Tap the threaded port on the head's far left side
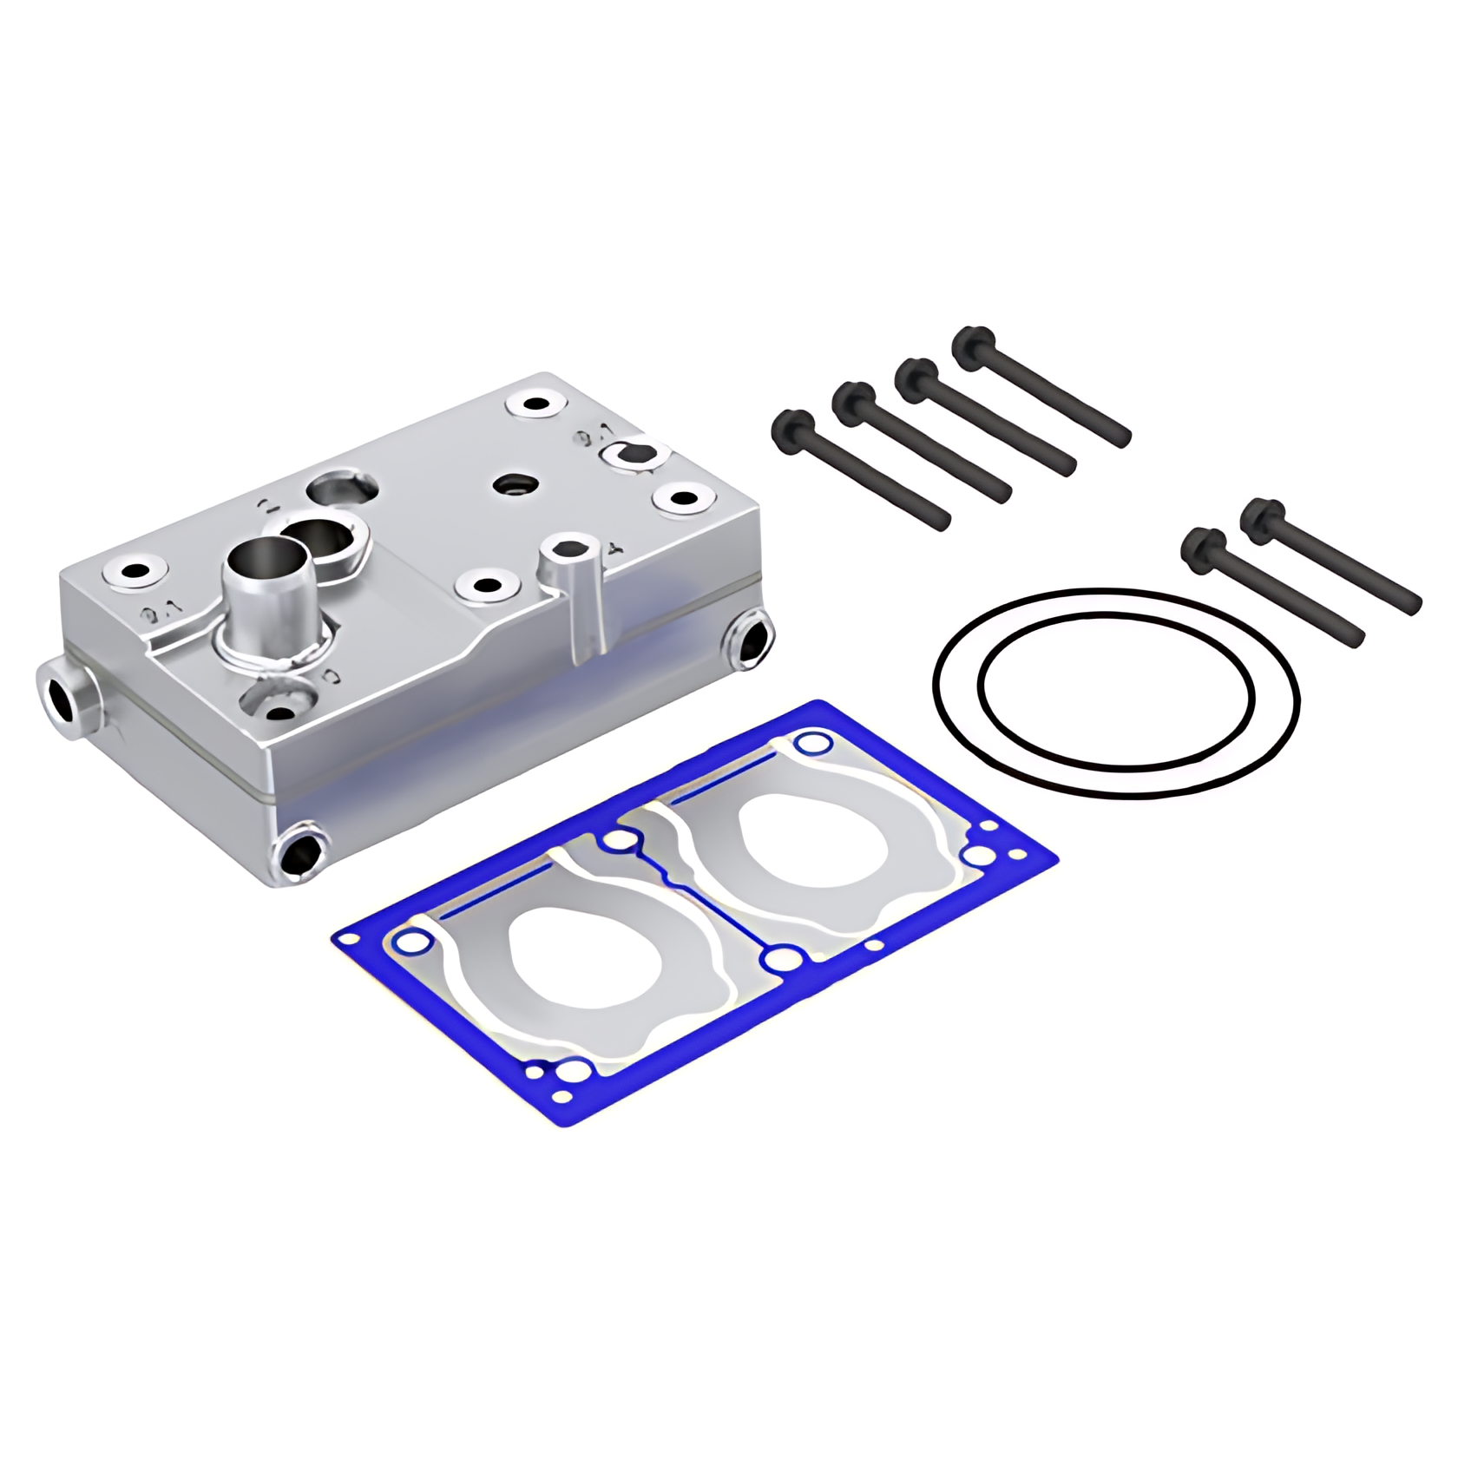coord(62,697)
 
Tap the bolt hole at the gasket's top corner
coord(811,743)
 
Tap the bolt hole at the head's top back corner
coord(531,404)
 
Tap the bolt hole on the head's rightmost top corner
coord(684,498)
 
